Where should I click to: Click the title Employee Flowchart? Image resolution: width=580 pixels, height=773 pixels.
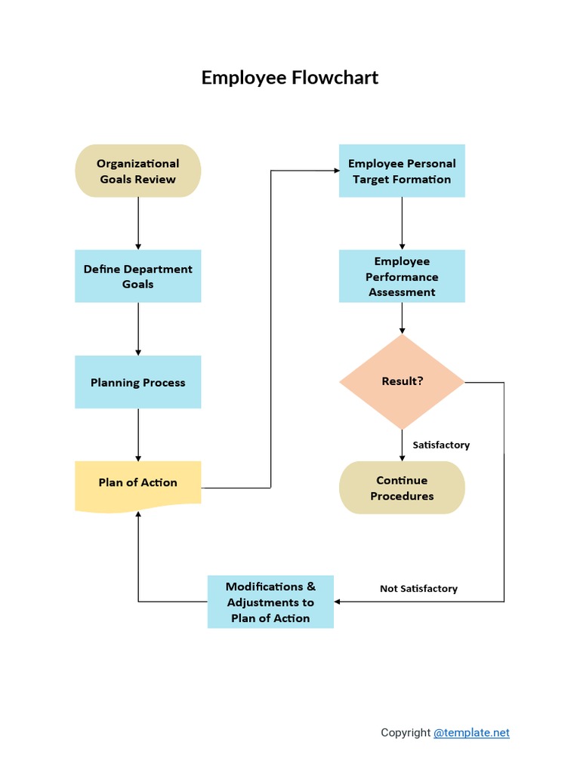pyautogui.click(x=289, y=77)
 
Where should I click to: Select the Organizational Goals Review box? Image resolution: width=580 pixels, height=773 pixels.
pyautogui.click(x=137, y=171)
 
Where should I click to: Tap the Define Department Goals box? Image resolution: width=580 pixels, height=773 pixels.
pyautogui.click(x=137, y=276)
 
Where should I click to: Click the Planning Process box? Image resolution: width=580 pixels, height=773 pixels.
pyautogui.click(x=137, y=382)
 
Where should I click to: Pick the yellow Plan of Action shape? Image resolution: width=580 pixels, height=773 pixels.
pyautogui.click(x=137, y=483)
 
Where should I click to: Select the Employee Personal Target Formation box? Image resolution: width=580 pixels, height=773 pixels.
pyautogui.click(x=402, y=171)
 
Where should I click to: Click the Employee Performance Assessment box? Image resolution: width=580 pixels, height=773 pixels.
pyautogui.click(x=402, y=276)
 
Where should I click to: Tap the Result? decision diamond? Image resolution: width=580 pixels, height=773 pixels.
pyautogui.click(x=402, y=381)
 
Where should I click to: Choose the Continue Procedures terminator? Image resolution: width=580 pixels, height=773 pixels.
pyautogui.click(x=402, y=488)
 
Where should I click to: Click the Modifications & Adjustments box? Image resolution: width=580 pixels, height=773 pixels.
pyautogui.click(x=270, y=602)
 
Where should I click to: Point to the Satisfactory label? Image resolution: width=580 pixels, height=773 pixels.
pyautogui.click(x=441, y=445)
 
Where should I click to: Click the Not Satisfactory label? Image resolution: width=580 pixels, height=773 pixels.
pyautogui.click(x=418, y=588)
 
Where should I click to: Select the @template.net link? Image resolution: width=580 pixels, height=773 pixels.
pyautogui.click(x=471, y=732)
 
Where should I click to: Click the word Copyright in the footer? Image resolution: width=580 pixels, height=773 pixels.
pyautogui.click(x=406, y=732)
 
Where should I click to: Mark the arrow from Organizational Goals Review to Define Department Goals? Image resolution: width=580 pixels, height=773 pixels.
pyautogui.click(x=137, y=223)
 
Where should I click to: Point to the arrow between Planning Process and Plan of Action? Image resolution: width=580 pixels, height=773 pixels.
pyautogui.click(x=137, y=434)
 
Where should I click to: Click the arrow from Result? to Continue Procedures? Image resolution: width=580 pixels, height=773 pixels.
pyautogui.click(x=402, y=445)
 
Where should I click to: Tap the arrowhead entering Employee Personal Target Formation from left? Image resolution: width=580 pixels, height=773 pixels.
pyautogui.click(x=335, y=171)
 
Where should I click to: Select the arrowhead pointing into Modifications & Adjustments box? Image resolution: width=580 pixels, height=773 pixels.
pyautogui.click(x=338, y=602)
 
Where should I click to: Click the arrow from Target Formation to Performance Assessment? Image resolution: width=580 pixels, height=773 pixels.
pyautogui.click(x=402, y=223)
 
